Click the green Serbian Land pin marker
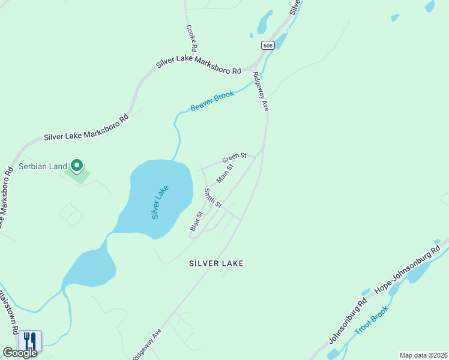[x=77, y=165]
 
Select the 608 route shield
[x=268, y=45]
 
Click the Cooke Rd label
[x=191, y=37]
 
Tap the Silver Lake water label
[x=160, y=202]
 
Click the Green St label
[x=234, y=158]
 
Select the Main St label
[x=224, y=174]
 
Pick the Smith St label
[x=213, y=198]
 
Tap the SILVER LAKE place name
[x=216, y=263]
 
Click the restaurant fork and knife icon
[x=30, y=341]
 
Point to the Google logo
[x=20, y=353]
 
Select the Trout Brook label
[x=372, y=320]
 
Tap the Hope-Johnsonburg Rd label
[x=408, y=268]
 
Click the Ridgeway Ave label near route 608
[x=261, y=91]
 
